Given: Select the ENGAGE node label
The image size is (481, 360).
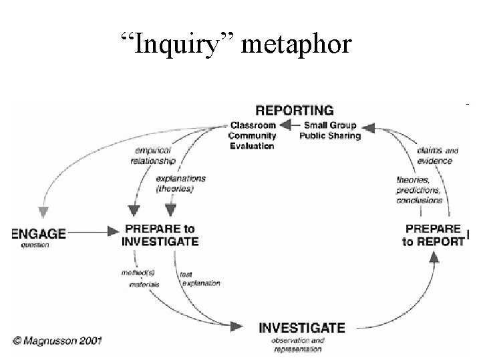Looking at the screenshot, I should pos(39,233).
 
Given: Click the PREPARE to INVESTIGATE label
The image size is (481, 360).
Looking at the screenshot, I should pos(160,235).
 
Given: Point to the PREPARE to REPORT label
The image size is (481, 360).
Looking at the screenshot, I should pos(433,235).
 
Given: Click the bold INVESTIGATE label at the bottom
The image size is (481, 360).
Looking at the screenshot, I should pos(302,327).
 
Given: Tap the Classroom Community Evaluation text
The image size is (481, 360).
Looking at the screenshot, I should pos(253,135).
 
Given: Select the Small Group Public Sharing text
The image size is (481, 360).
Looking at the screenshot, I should pos(330,131).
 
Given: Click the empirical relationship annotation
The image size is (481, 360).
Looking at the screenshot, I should pos(154,155).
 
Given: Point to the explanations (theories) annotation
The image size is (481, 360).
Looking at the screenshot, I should pos(180,184).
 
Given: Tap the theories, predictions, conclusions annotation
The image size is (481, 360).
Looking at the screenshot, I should pos(419,189).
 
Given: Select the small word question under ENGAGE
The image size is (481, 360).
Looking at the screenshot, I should pos(35,245).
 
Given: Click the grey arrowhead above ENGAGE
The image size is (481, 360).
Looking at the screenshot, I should pos(43,212).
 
